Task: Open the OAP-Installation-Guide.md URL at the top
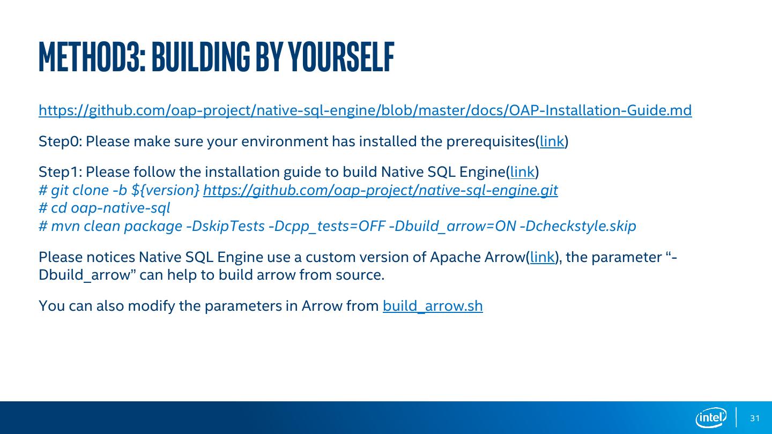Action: click(x=365, y=110)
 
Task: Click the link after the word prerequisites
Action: click(x=552, y=141)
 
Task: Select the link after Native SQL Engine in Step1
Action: click(x=522, y=172)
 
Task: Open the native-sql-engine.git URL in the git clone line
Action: click(x=380, y=190)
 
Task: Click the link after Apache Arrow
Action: click(x=542, y=257)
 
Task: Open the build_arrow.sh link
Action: click(x=433, y=306)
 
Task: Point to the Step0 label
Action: click(x=60, y=141)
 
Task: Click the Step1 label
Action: click(x=60, y=172)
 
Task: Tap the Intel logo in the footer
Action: click(x=711, y=417)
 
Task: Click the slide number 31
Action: click(x=755, y=418)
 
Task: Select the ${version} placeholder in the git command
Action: click(x=166, y=190)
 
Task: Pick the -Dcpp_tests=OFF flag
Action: click(x=326, y=226)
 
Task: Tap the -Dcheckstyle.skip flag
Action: click(x=578, y=226)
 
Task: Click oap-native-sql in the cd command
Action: click(x=121, y=208)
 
